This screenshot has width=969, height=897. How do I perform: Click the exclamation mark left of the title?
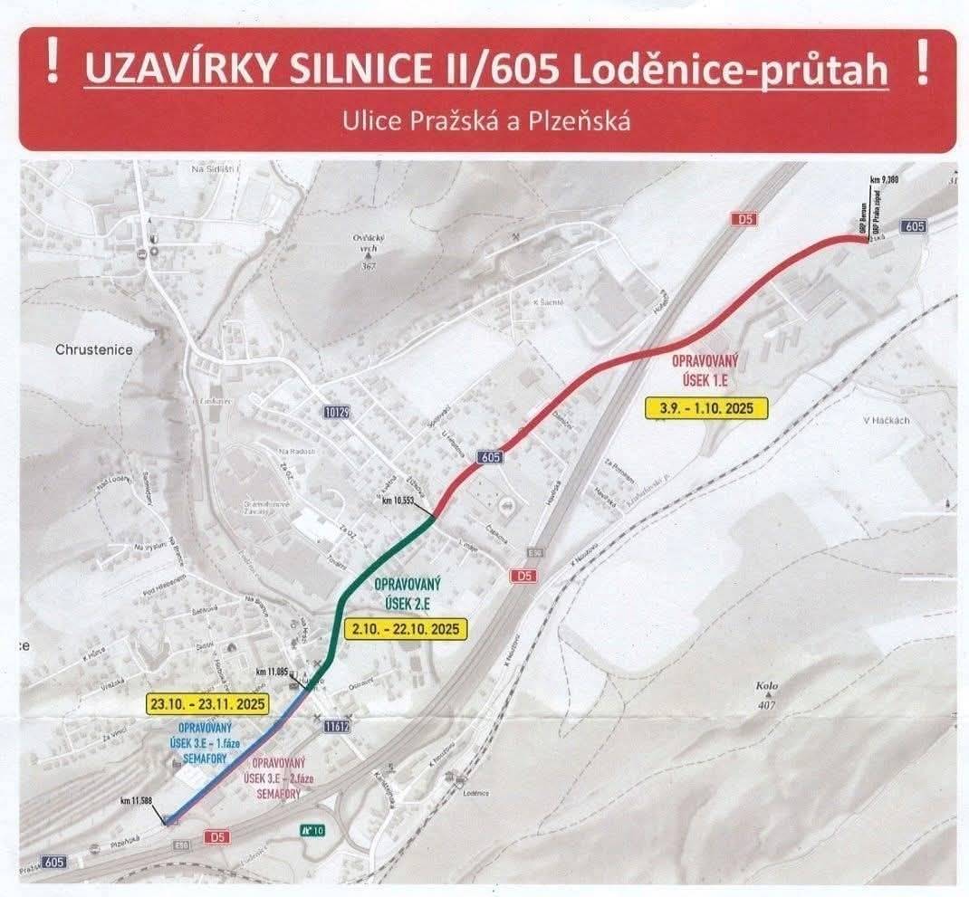54,64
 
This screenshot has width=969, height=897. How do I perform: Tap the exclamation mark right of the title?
922,64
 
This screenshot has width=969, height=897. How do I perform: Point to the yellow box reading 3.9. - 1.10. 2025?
706,407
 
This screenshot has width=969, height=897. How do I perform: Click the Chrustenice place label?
93,349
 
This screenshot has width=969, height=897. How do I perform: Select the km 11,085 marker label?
272,672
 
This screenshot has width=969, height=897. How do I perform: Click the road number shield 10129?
336,413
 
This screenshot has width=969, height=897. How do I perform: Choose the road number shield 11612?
337,725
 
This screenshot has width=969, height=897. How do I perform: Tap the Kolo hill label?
766,685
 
